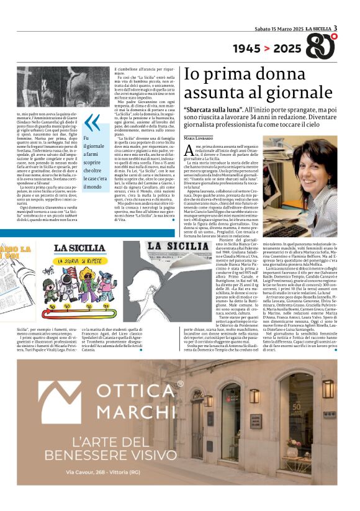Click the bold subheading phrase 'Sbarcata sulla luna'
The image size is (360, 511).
click(x=217, y=109)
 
